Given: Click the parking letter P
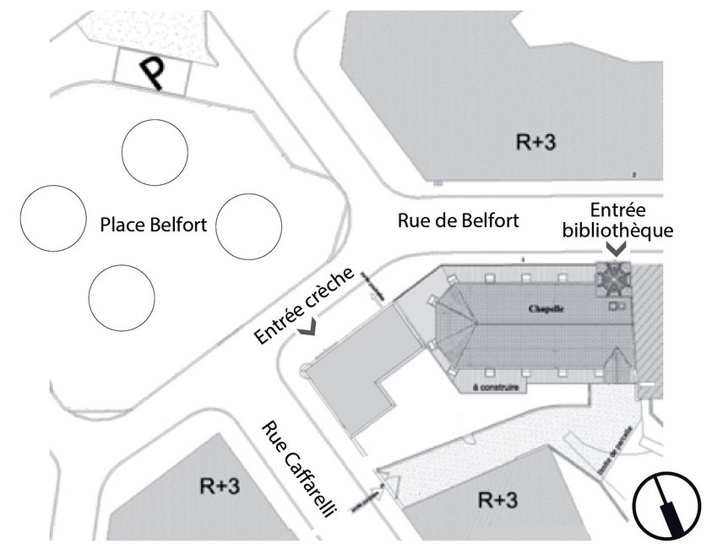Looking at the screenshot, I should [x=152, y=73].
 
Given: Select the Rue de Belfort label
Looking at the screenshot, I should [x=458, y=221].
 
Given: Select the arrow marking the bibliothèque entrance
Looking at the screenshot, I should [x=617, y=249].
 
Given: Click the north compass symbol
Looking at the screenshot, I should [x=668, y=507].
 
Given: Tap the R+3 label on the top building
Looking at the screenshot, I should [x=535, y=142].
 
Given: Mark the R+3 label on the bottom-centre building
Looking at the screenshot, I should [x=496, y=499].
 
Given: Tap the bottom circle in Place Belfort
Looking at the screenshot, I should [x=122, y=296].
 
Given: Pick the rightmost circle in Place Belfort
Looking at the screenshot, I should [x=248, y=226].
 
